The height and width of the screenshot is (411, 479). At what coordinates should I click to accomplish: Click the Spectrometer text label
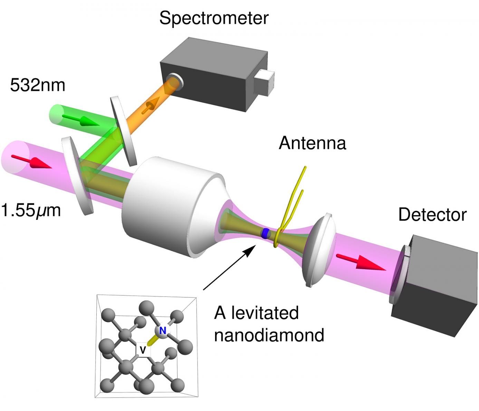(213, 18)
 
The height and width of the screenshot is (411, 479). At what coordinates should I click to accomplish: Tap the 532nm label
(37, 85)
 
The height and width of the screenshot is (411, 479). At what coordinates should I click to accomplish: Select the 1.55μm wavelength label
(31, 210)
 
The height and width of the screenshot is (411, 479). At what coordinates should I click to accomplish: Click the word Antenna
(312, 143)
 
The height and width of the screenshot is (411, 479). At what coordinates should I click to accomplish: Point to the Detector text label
(432, 215)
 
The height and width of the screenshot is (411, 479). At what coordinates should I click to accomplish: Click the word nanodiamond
(269, 335)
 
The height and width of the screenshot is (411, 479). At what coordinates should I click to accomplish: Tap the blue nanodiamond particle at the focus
(266, 234)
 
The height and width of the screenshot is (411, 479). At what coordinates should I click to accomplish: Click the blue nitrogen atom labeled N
(163, 331)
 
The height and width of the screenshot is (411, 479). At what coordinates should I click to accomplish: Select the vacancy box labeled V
(143, 350)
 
